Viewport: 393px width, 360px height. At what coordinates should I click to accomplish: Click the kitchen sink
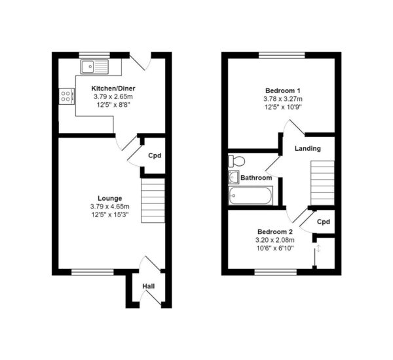pos(94,67)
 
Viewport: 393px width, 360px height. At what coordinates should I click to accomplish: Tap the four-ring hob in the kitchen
pos(67,96)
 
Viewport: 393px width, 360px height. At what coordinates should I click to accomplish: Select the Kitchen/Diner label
pos(113,89)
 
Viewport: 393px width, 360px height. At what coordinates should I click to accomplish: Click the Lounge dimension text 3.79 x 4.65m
pos(110,207)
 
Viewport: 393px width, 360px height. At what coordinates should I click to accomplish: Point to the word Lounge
pos(110,199)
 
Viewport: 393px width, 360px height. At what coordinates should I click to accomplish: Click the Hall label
pos(149,286)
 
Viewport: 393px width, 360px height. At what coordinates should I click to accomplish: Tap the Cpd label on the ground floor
pos(155,155)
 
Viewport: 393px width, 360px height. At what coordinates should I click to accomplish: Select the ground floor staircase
pos(153,201)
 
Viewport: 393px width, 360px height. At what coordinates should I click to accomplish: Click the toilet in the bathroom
pos(236,161)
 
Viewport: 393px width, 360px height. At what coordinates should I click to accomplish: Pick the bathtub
pos(250,195)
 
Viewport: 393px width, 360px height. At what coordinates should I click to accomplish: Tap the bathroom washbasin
pos(234,177)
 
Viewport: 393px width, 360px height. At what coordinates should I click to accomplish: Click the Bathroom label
pos(256,178)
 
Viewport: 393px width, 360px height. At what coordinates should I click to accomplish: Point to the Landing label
pos(308,148)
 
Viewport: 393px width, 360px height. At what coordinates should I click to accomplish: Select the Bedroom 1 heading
pos(283,90)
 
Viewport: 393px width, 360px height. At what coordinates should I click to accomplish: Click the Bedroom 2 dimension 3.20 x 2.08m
pos(275,240)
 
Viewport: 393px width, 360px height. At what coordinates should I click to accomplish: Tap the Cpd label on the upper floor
pos(324,222)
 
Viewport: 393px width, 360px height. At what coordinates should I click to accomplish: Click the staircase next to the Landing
pos(322,183)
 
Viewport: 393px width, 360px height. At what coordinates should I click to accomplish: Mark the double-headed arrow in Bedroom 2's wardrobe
pos(318,249)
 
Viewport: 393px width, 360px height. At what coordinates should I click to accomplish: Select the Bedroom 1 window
pos(282,55)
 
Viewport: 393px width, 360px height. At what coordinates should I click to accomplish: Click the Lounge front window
pos(92,272)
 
